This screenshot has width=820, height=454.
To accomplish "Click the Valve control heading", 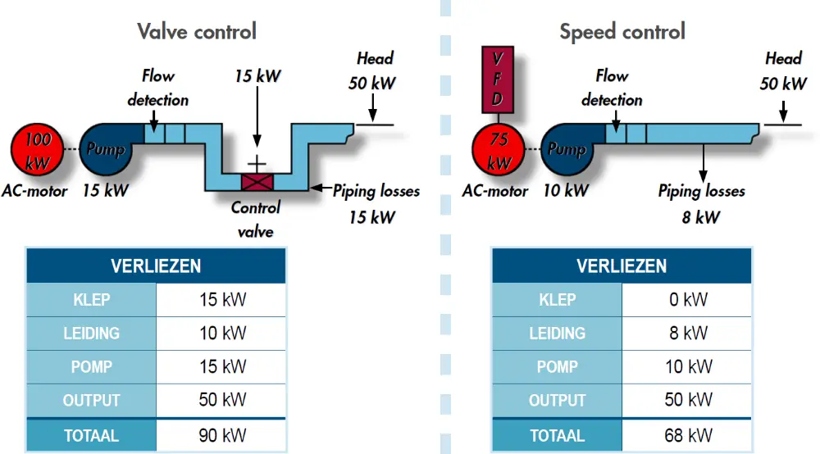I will point(197,32).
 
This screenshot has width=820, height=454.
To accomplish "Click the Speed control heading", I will point(622,32).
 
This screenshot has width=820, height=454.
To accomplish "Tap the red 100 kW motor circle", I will point(37,150).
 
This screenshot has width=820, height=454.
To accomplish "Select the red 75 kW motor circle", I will point(499,150).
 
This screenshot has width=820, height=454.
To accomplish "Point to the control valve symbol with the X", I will point(257,179).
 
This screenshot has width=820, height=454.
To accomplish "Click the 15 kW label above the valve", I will point(257,76).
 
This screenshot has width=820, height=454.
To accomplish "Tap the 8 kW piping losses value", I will point(701,217).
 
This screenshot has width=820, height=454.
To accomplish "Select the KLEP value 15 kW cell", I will point(221,300).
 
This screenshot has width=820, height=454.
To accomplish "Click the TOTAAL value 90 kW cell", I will point(221,436).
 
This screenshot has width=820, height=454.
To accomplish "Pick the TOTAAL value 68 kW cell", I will point(687,436).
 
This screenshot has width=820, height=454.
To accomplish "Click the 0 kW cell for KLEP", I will point(687,300).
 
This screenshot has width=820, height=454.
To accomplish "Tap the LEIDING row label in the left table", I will point(91,334).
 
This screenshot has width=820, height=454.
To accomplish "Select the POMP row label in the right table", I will point(558,367).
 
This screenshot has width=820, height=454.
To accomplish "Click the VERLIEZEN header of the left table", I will point(156,266).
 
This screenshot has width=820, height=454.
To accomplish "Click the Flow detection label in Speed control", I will point(612,88).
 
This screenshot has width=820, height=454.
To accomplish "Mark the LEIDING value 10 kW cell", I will point(221,334).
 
